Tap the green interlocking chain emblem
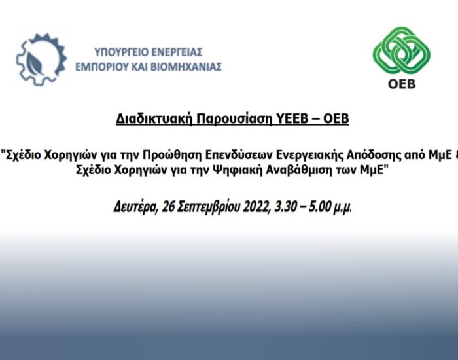click(x=402, y=50)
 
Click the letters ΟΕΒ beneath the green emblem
click(x=402, y=84)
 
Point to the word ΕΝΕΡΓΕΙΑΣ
click(x=177, y=52)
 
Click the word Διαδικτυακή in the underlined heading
click(x=154, y=119)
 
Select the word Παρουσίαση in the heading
click(x=234, y=119)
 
